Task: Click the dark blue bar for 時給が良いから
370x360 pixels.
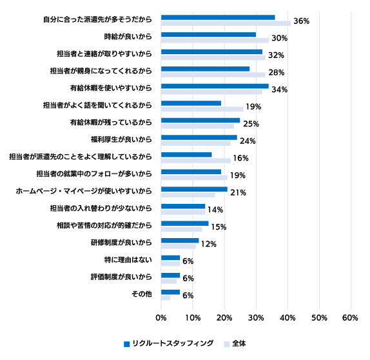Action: pos(208,35)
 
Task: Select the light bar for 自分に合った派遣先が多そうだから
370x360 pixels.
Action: pos(226,23)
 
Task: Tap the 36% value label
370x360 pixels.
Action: pos(301,21)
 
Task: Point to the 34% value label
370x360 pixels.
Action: pos(279,90)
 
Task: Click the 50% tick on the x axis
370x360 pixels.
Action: pos(319,318)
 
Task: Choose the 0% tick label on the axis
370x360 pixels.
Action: pos(161,318)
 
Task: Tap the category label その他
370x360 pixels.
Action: pos(142,294)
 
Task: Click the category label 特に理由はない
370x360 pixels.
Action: pos(128,260)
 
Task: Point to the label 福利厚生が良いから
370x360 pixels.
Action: pos(121,139)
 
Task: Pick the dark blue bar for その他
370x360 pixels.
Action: pos(170,292)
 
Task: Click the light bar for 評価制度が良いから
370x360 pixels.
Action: pos(169,281)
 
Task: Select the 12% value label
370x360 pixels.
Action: pos(209,244)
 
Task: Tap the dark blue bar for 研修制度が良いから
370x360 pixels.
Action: pos(180,241)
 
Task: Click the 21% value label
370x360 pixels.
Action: pos(238,192)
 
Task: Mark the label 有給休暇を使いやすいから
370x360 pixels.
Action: pos(111,88)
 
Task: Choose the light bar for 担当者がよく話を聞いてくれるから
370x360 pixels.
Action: pos(202,109)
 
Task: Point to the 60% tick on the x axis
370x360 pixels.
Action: pos(351,318)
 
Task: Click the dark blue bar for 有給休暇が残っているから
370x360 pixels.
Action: pos(200,121)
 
